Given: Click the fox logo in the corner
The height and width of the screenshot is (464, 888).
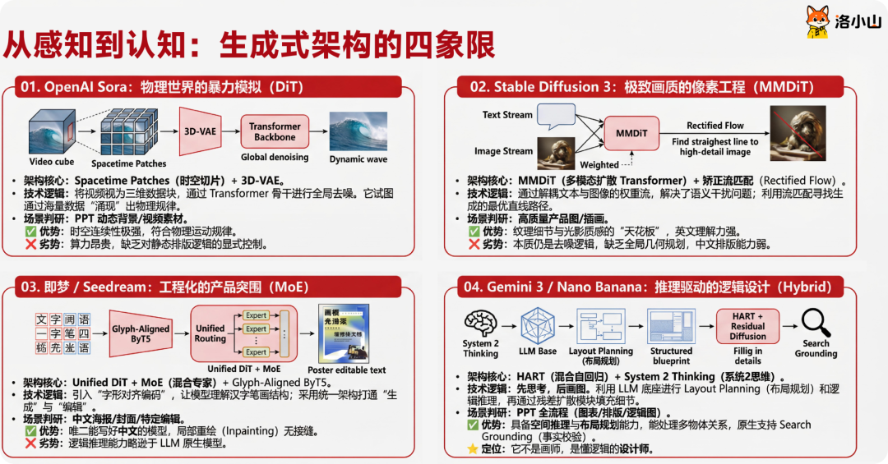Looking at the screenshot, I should coord(816,22).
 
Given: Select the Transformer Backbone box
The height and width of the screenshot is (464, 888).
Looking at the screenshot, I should coord(275,131).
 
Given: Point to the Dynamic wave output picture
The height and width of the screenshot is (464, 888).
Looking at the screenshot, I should coord(358,131).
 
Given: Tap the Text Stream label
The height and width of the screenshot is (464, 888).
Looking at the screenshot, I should coord(507,115).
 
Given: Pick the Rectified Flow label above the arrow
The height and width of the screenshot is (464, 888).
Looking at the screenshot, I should coord(715,126).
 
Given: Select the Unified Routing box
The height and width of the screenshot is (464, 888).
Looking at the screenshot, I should coord(210,333).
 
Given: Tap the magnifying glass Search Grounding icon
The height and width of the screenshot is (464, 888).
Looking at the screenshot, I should coord(814,322).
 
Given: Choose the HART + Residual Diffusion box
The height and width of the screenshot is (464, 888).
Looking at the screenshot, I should coord(747,325).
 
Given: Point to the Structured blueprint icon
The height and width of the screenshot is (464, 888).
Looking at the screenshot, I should coord(671,326).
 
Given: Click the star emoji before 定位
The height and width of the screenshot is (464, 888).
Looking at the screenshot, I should coord(472,448).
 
